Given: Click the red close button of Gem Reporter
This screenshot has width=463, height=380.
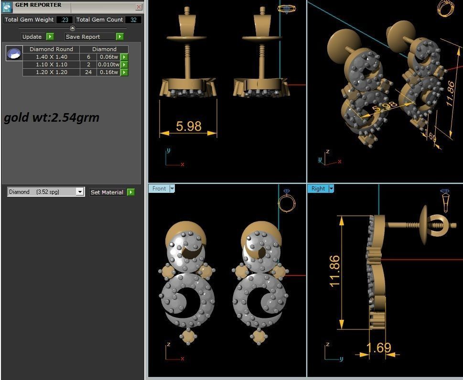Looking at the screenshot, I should tap(139, 7).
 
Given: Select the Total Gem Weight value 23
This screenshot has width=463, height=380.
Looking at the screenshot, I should tap(65, 20).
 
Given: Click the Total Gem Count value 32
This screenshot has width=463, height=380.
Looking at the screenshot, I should tap(133, 20).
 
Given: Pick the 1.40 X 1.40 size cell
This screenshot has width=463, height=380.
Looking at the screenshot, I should tap(52, 57).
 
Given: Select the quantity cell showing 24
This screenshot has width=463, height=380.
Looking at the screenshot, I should tap(88, 72).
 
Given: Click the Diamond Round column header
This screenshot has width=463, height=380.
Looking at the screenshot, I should tap(51, 49).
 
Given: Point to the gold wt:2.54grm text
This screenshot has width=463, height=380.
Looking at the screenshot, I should tap(52, 117).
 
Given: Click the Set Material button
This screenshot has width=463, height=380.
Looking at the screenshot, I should tap(107, 192).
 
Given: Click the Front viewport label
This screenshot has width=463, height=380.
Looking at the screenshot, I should tap(159, 189).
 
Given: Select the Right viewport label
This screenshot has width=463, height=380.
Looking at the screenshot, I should tap(318, 189).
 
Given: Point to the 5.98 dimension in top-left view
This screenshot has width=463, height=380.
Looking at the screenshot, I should tap(188, 126).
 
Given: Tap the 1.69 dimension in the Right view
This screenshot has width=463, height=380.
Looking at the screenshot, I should tap(379, 348).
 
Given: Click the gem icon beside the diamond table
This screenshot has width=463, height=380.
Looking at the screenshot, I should tap(14, 53).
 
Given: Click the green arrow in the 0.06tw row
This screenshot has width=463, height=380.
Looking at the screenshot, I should tap(124, 57).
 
